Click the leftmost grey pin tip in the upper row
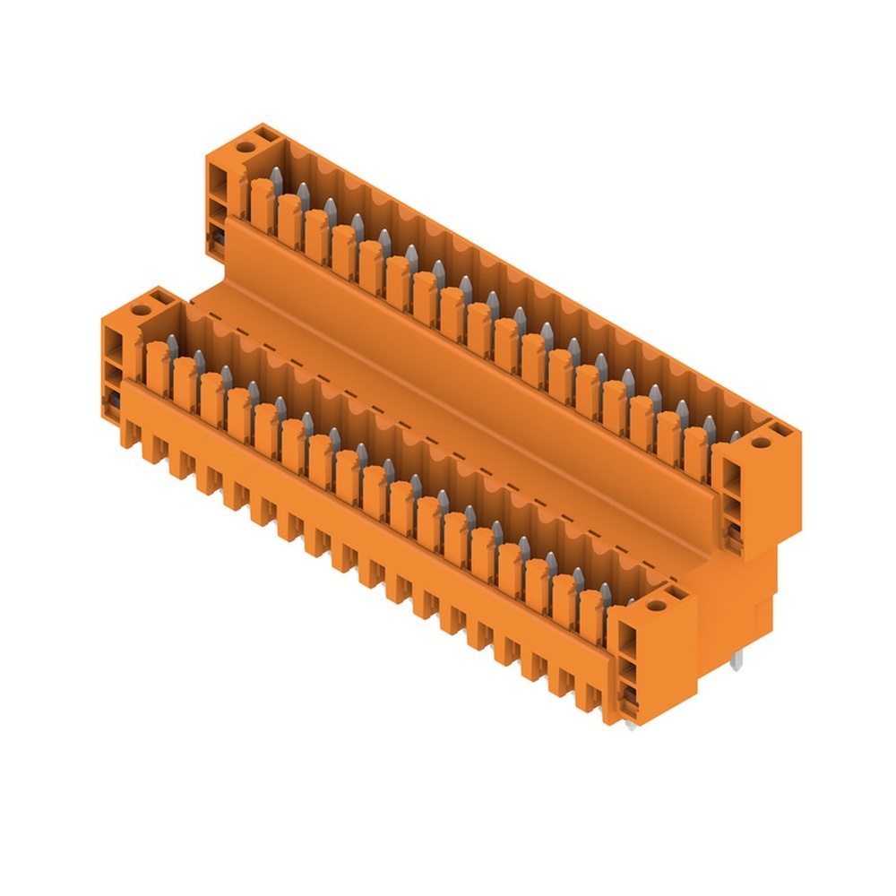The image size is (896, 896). [x=275, y=176]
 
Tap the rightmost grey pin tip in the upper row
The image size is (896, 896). [x=735, y=437]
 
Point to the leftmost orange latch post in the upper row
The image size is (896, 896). [x=261, y=199]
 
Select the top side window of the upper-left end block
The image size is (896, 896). [x=219, y=182]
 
